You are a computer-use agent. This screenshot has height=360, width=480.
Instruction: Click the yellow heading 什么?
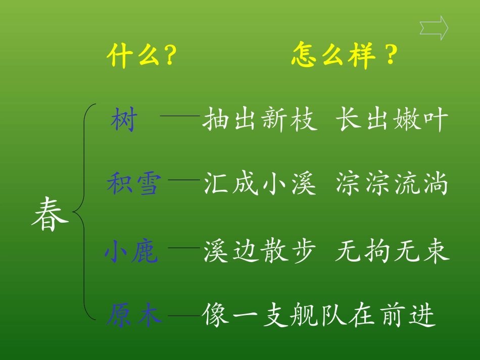(x=141, y=56)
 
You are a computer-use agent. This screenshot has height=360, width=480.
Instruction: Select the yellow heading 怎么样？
(x=344, y=56)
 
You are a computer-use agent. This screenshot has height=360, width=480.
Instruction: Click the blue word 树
(x=124, y=122)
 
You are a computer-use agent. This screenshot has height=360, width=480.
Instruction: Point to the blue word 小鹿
(x=132, y=251)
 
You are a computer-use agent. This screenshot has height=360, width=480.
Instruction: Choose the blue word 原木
(x=134, y=316)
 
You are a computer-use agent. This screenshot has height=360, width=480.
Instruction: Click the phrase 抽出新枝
(x=260, y=121)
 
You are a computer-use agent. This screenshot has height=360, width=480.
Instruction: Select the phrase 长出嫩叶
(x=392, y=121)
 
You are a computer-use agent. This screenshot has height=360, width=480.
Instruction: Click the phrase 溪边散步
(x=260, y=251)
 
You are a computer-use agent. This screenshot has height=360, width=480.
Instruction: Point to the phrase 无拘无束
(x=392, y=251)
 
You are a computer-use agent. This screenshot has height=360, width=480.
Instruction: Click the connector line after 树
(x=180, y=116)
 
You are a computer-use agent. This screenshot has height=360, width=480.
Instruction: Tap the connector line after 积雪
(x=184, y=179)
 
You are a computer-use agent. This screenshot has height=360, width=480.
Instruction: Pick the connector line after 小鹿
(x=184, y=247)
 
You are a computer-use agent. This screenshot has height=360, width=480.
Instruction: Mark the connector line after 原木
(x=184, y=316)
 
